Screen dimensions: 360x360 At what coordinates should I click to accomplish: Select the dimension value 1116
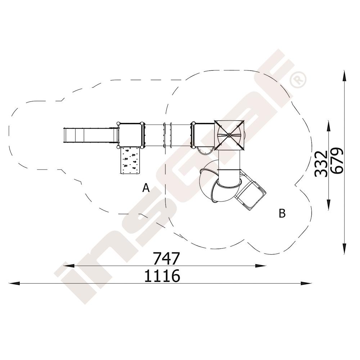[x=162, y=276]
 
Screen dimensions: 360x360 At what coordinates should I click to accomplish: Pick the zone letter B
[x=282, y=213]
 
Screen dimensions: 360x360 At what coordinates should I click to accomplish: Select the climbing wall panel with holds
[x=130, y=161]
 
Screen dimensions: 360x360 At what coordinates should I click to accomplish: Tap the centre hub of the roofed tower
[x=229, y=135]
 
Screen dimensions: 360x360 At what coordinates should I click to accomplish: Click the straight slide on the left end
[x=90, y=136]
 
